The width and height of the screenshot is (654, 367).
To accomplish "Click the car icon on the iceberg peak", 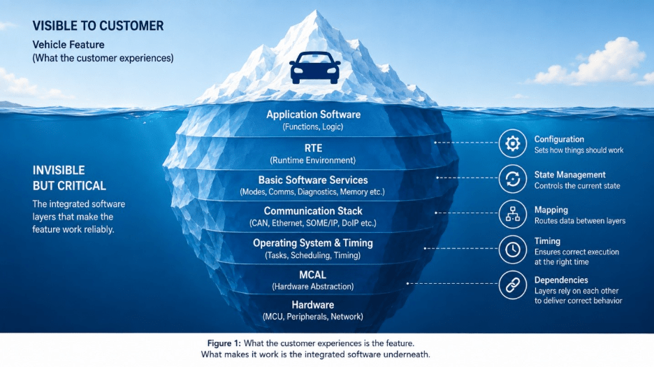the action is tap(315, 68).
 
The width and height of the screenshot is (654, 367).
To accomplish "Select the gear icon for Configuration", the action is tap(513, 143).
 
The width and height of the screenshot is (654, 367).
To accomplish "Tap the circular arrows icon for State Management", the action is tap(513, 179).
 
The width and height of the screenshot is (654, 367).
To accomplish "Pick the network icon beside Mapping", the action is tap(513, 214).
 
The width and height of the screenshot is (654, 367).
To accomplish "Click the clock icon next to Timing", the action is tap(513, 250).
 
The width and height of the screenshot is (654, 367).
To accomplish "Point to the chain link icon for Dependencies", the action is tap(513, 285).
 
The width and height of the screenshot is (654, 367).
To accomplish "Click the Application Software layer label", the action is tap(313, 115).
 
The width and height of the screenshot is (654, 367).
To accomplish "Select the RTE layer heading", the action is tap(313, 148).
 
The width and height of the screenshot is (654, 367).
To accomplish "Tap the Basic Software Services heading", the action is tap(313, 180).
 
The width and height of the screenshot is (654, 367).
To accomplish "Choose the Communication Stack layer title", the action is tap(313, 211).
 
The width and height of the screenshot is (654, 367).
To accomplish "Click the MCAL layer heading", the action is tap(313, 275).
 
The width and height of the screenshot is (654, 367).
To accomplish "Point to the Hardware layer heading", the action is tap(313, 305).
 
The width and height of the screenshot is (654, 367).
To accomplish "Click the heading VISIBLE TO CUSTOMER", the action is tap(98, 26).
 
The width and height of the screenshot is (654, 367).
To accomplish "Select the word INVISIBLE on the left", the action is tap(59, 171).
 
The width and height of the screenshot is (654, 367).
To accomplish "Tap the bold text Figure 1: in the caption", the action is tap(224, 343).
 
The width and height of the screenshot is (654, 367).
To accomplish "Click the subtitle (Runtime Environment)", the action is tap(313, 160).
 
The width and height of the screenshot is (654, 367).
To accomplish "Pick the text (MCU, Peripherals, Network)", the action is tap(313, 317).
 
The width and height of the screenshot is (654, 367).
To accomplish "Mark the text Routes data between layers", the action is tap(580, 221).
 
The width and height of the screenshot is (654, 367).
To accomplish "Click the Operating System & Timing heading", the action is tap(313, 243).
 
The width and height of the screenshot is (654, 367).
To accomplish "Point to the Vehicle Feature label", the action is tap(68, 45).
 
